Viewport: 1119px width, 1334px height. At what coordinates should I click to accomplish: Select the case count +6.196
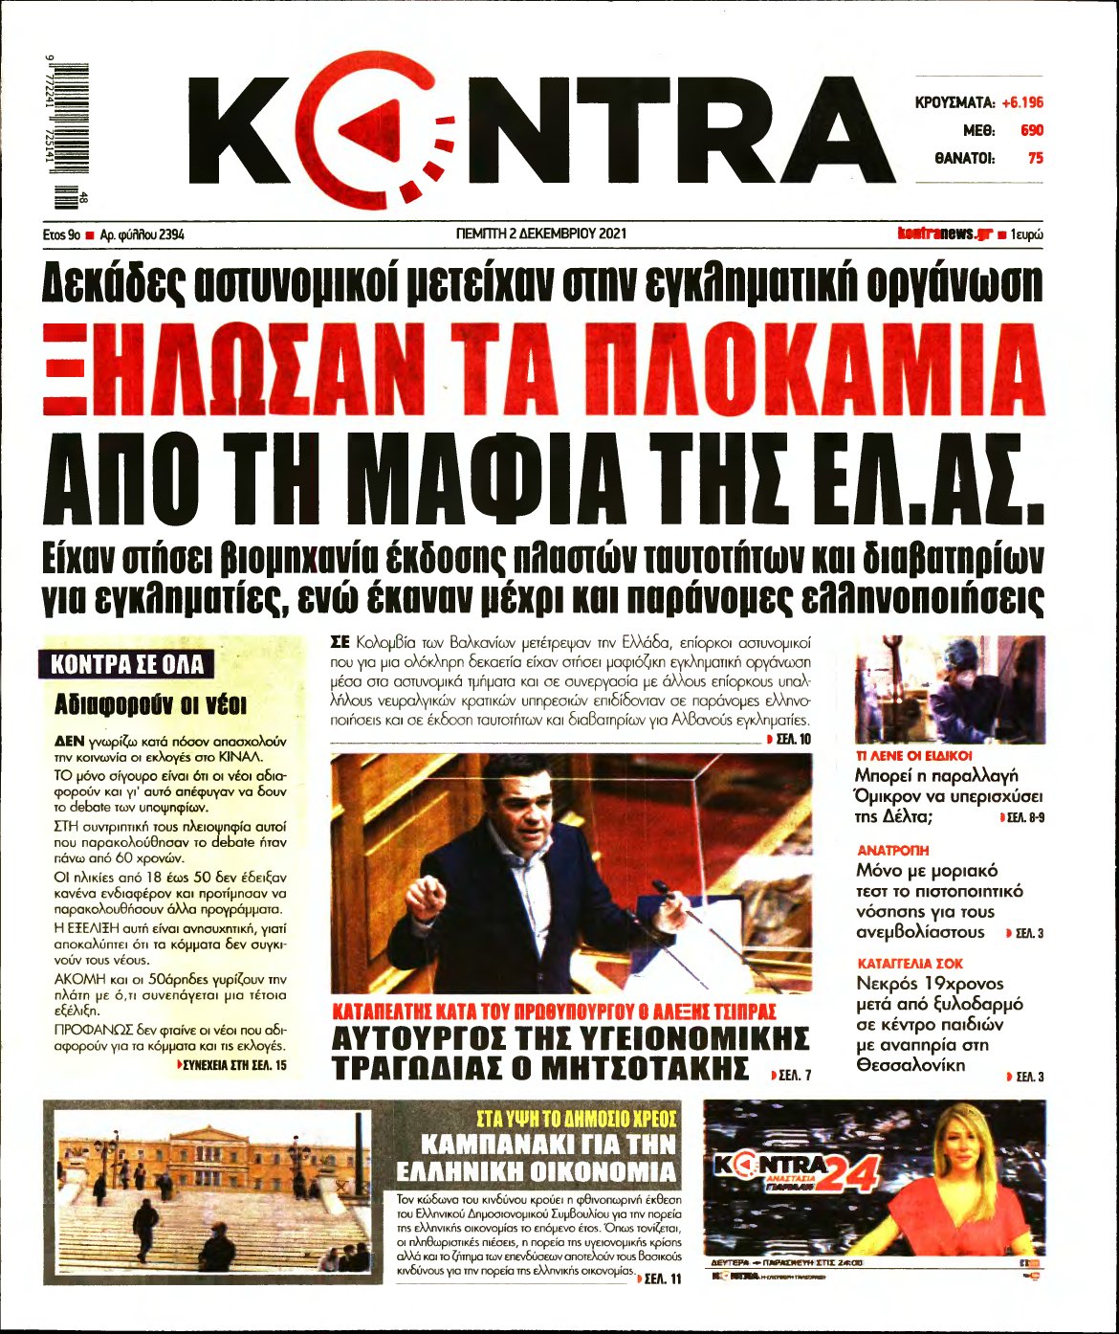[x=1022, y=102]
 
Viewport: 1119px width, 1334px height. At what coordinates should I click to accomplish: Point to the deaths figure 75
[x=1035, y=159]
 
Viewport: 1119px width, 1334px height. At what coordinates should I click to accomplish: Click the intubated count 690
[x=1032, y=130]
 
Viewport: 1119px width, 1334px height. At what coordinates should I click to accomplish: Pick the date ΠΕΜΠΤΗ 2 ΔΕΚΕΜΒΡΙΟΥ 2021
[x=541, y=233]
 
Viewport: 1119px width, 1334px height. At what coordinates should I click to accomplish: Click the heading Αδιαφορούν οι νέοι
[x=150, y=706]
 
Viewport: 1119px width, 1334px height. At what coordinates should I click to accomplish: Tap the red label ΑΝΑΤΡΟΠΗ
[x=892, y=850]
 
